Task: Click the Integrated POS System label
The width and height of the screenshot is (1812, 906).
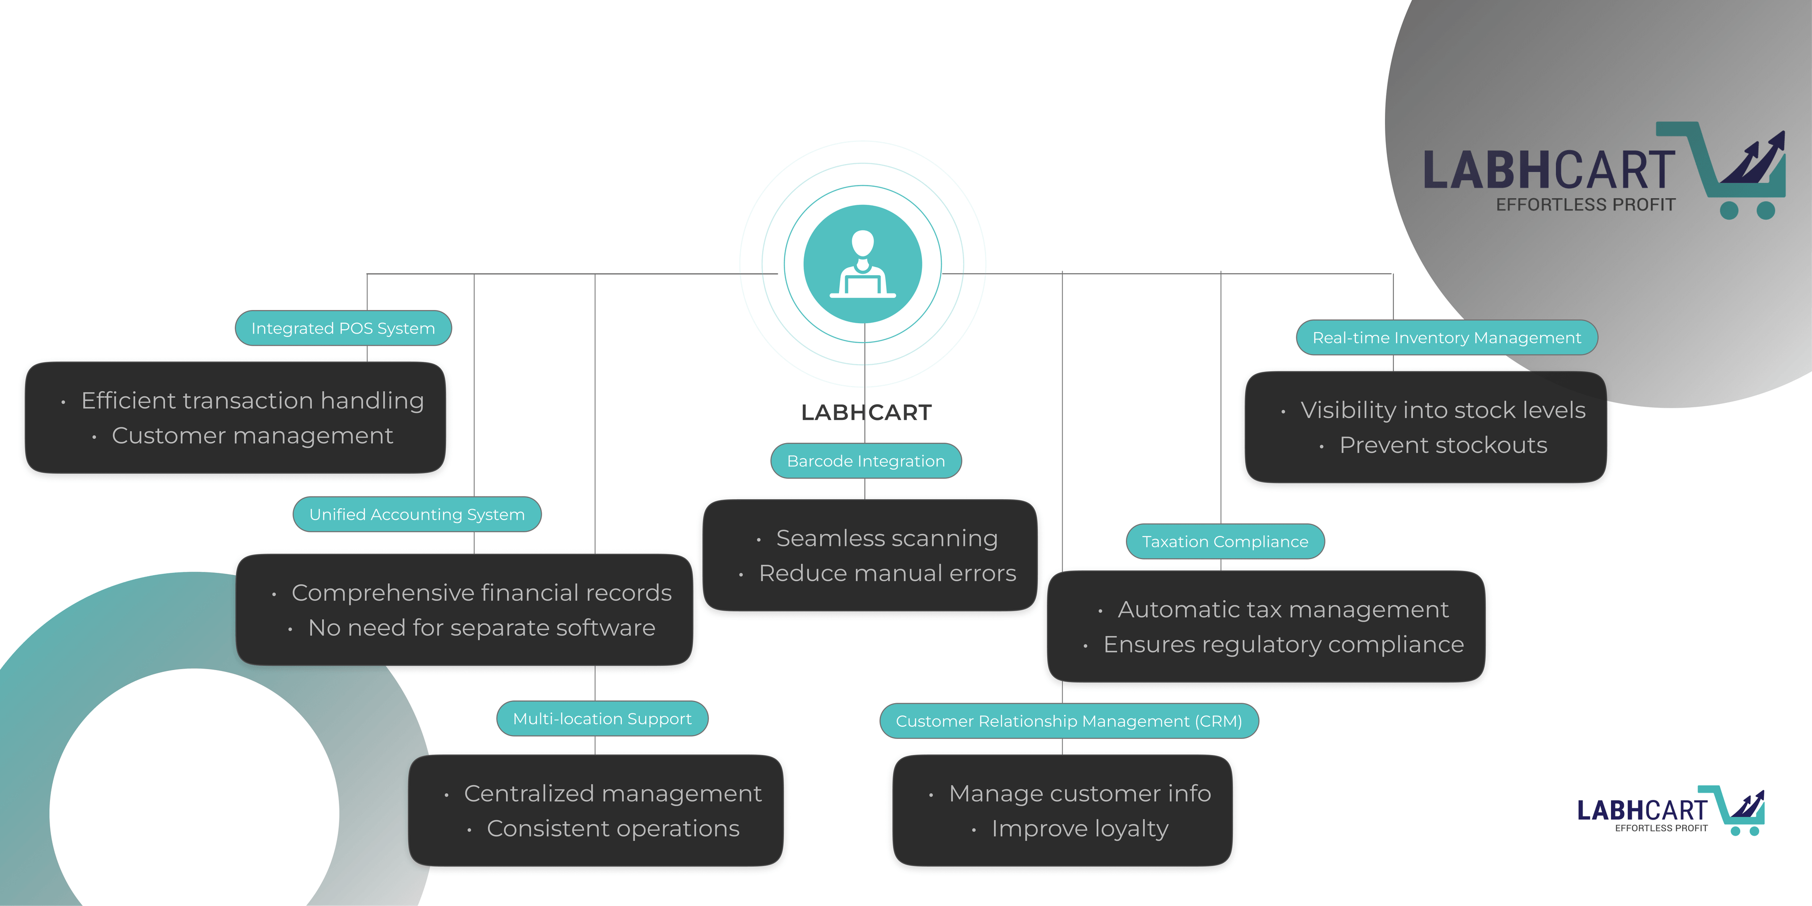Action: [x=343, y=328]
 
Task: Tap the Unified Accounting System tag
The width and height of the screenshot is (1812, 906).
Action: [x=417, y=515]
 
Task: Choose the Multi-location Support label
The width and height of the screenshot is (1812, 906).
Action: [x=602, y=719]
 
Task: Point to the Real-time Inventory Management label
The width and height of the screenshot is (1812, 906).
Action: [x=1446, y=338]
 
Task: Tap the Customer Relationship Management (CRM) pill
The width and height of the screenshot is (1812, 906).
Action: [x=1068, y=721]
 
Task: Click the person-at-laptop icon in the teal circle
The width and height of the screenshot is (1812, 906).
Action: [x=863, y=264]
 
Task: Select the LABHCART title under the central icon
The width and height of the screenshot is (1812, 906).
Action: [x=866, y=413]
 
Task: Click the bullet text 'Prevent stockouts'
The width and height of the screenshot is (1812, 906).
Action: [x=1443, y=445]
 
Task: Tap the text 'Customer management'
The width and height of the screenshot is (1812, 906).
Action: [x=252, y=436]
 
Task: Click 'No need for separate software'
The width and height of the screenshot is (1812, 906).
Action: [x=481, y=628]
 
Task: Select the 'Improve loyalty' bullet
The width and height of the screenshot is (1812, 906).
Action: [x=1080, y=829]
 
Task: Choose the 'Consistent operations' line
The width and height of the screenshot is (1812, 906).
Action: [x=612, y=829]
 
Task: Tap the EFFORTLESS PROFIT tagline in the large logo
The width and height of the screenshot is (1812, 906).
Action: [x=1585, y=205]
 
